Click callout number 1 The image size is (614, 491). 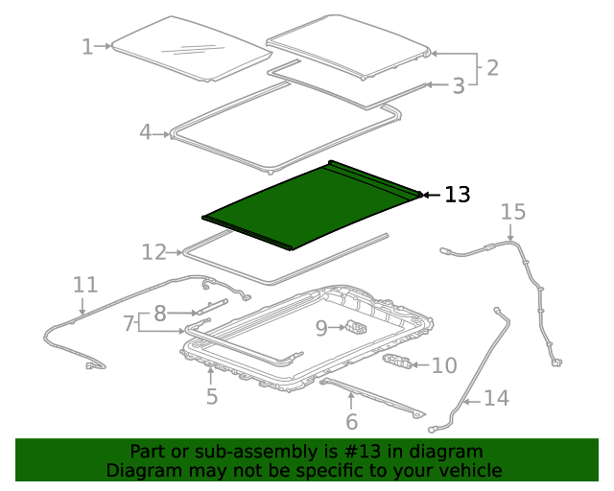tap(87, 46)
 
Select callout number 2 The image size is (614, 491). tap(491, 67)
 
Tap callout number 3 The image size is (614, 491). tap(459, 85)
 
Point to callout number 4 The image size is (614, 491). tap(145, 132)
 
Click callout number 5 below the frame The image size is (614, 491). tap(212, 395)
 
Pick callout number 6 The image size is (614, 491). tap(351, 421)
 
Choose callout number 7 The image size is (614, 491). tap(129, 323)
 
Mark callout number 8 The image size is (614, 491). tap(160, 313)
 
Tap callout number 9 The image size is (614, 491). tap(321, 329)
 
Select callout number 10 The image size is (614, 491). tap(444, 365)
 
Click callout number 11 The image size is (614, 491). tap(85, 285)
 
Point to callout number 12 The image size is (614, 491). tap(153, 252)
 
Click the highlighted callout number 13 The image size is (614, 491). tap(458, 195)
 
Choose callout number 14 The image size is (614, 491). tap(496, 397)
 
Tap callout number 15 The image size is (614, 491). tap(513, 211)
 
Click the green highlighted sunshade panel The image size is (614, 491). tap(307, 203)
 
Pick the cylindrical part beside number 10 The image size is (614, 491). tap(401, 362)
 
